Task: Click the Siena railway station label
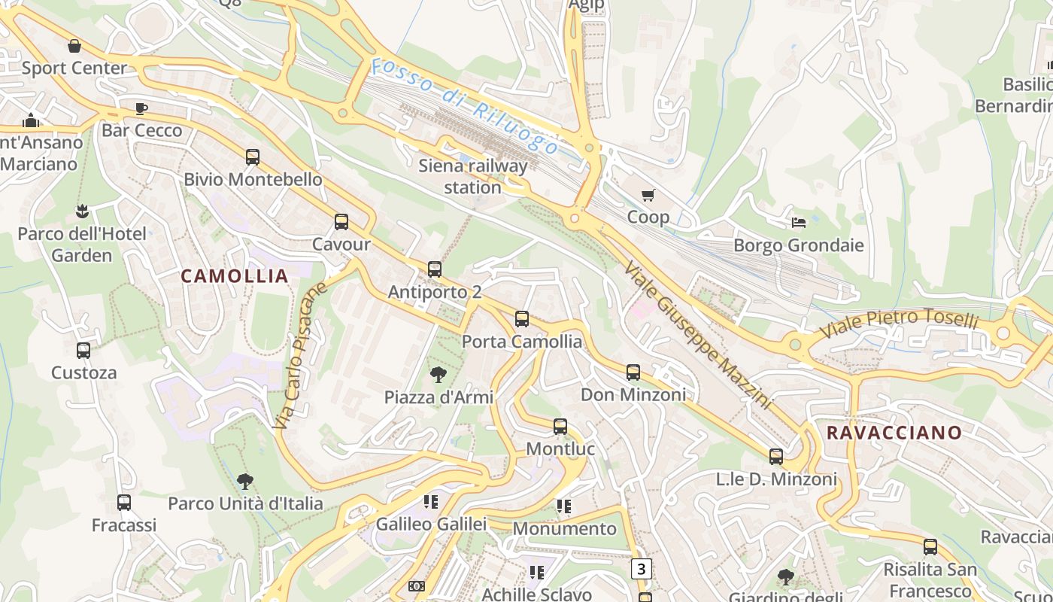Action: click(472, 176)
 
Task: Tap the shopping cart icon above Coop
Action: click(648, 196)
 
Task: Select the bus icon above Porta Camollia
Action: click(522, 319)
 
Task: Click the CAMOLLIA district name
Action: click(235, 276)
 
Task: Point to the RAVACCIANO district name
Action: click(894, 433)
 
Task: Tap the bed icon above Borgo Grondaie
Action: click(799, 223)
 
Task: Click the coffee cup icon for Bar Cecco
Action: click(141, 109)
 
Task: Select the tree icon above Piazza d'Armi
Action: click(438, 374)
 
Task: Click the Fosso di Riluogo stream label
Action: click(465, 105)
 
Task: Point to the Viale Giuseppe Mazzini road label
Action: click(697, 335)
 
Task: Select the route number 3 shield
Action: click(641, 569)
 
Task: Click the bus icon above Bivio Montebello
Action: click(253, 157)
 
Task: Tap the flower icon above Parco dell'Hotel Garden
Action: click(82, 211)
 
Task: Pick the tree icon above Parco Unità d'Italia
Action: click(244, 481)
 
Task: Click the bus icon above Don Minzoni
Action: click(633, 372)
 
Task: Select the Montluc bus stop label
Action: click(560, 449)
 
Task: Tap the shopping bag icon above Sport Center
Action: click(74, 46)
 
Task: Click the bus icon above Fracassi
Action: click(124, 503)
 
